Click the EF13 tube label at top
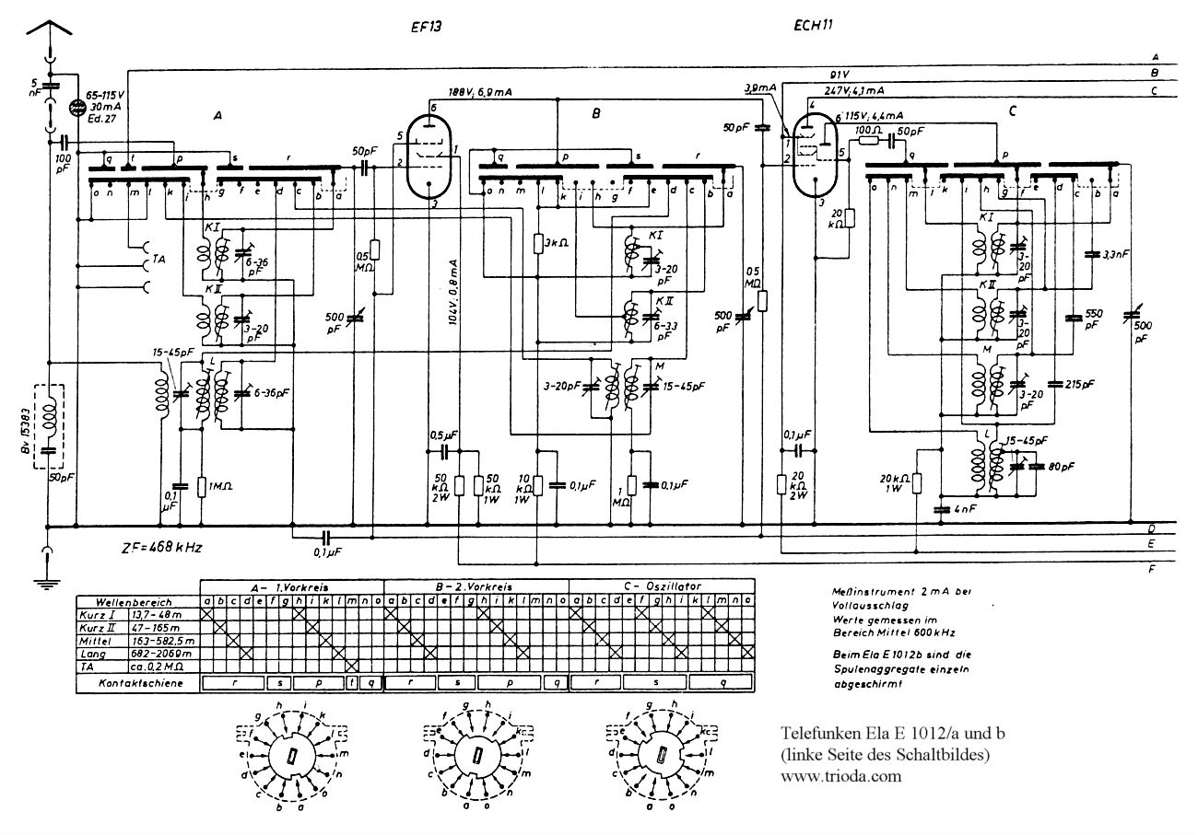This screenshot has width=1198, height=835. pos(427,27)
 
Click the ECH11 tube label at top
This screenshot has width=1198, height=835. pos(814,27)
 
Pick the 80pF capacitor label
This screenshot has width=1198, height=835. pos(1063,467)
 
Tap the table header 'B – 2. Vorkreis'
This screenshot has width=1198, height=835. pos(476,586)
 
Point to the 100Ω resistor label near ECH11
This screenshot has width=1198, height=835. pos(869,131)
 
